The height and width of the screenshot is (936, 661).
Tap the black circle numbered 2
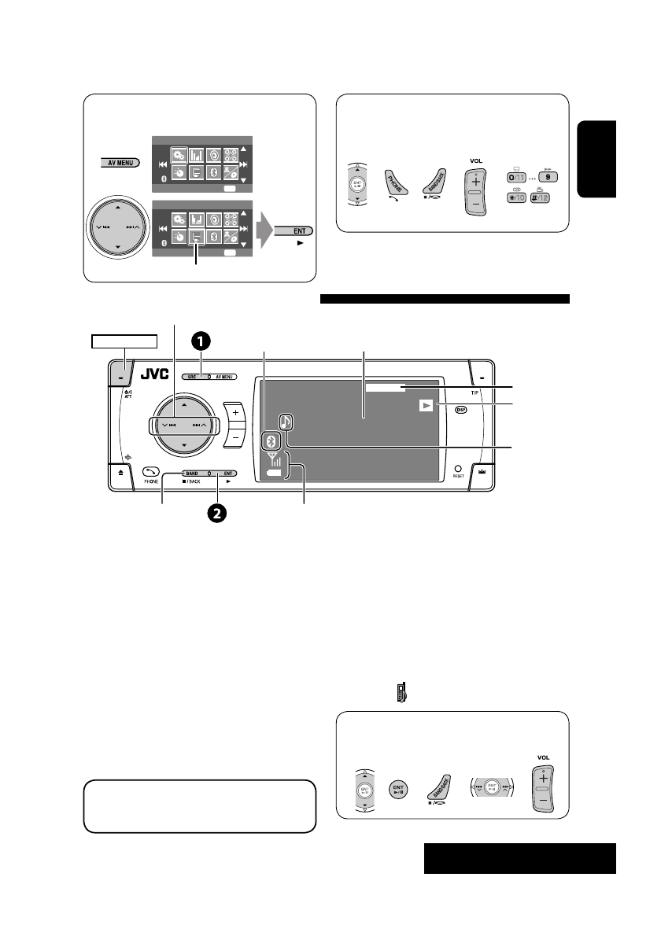tap(216, 513)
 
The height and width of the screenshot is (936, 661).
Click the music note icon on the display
tap(286, 422)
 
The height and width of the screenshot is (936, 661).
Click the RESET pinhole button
tap(456, 467)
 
